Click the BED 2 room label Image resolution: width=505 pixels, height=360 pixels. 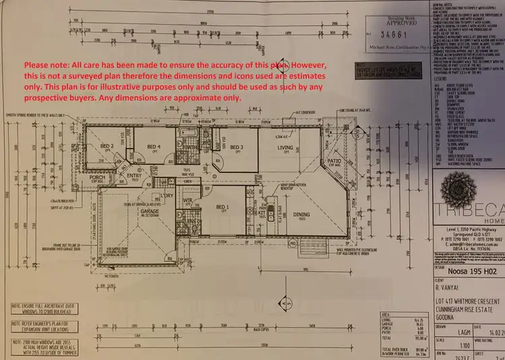pos(106,146)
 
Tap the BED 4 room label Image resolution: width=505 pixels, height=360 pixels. pos(154,147)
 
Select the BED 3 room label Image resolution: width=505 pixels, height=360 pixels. pos(236,147)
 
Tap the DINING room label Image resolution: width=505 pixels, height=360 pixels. pos(302,215)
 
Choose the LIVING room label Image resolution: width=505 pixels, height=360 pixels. pos(286,147)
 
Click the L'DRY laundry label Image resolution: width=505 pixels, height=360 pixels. pos(168,196)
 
